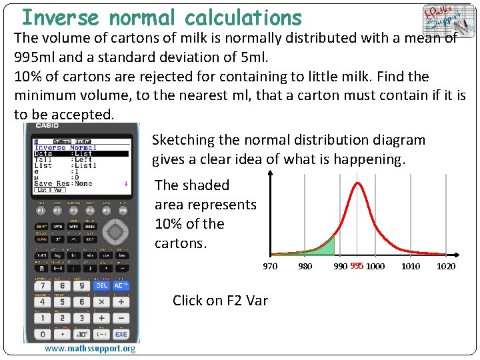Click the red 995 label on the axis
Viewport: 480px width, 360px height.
pyautogui.click(x=357, y=267)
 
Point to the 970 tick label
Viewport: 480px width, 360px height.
pyautogui.click(x=270, y=267)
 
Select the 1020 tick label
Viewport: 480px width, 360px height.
pyautogui.click(x=446, y=267)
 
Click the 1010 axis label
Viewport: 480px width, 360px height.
pyautogui.click(x=411, y=267)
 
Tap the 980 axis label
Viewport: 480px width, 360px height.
pyautogui.click(x=305, y=267)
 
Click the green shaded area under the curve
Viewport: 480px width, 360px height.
pyautogui.click(x=325, y=248)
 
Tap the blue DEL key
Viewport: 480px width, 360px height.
pyautogui.click(x=101, y=285)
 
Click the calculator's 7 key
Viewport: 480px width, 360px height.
pyautogui.click(x=43, y=285)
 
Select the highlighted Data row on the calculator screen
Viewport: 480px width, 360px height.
pyautogui.click(x=81, y=153)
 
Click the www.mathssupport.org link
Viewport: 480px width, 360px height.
pyautogui.click(x=89, y=349)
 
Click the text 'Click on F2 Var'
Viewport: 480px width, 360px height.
pyautogui.click(x=220, y=301)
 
